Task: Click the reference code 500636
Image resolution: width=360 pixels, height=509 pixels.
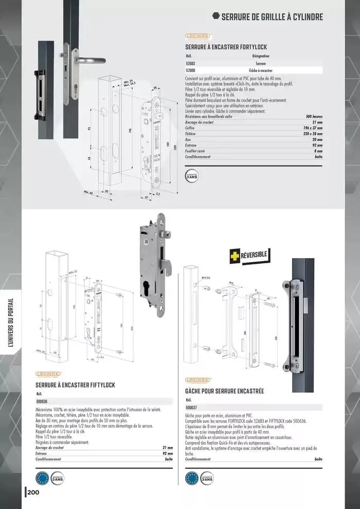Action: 42,401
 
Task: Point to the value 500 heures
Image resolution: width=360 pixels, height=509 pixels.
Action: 314,117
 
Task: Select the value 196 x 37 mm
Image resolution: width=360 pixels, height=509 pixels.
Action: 313,128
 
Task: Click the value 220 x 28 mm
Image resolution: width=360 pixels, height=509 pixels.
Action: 313,134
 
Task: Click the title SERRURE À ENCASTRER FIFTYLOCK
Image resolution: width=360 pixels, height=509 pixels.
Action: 75,385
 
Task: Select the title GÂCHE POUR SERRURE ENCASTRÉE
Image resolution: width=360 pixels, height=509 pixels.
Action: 224,391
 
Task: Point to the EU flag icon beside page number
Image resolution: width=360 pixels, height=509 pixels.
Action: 42,478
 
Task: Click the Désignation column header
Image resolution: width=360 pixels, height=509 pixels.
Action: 261,56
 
